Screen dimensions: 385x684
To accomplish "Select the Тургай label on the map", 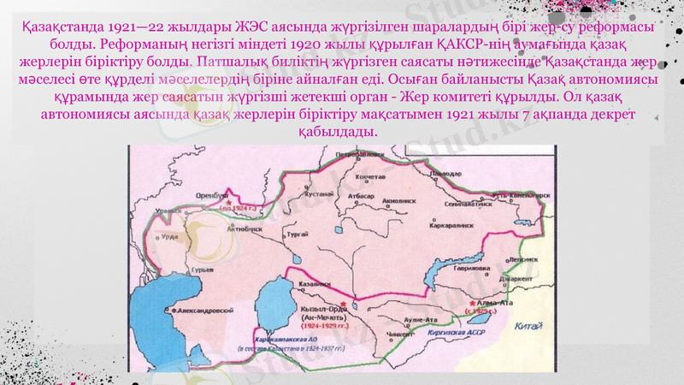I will click(x=298, y=233).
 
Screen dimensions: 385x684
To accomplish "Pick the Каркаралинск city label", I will click(x=451, y=226).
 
